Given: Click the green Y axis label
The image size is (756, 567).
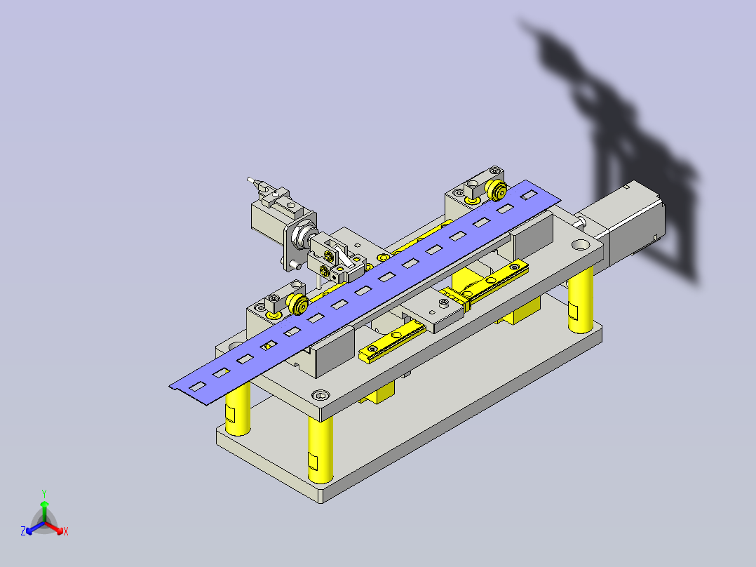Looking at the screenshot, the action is (x=44, y=493).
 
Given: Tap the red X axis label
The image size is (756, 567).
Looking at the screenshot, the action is (x=66, y=531).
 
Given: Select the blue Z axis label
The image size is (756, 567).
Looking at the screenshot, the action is (x=23, y=531).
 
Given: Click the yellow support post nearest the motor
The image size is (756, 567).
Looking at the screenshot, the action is (x=580, y=301).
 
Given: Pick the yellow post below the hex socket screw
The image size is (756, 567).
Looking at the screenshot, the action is (x=320, y=449).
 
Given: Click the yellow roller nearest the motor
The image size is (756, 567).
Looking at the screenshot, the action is (x=496, y=190).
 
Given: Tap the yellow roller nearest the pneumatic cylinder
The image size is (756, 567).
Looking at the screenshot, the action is (x=297, y=304).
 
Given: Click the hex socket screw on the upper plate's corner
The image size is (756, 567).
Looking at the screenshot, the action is (x=320, y=396).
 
